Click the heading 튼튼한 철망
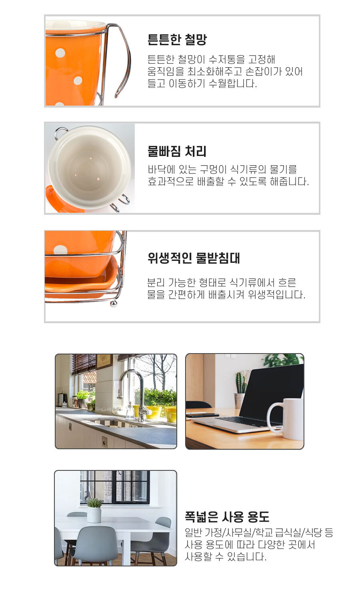(x=177, y=40)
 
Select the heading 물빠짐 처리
(x=177, y=151)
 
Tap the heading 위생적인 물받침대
(x=194, y=258)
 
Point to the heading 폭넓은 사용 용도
(x=227, y=517)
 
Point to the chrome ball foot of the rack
(x=114, y=304)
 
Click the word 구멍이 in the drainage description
(x=213, y=169)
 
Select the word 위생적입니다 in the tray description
(x=276, y=294)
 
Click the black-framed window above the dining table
(x=115, y=487)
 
